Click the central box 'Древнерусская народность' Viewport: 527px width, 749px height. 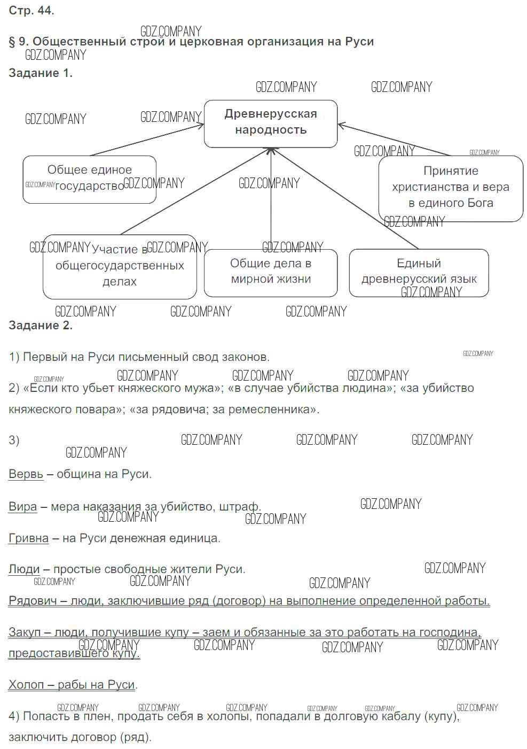pos(271,123)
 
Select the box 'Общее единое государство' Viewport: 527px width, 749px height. pos(89,179)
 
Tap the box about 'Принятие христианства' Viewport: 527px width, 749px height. pos(451,188)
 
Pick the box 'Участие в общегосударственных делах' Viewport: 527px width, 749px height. pos(120,266)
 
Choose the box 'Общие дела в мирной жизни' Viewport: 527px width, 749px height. pos(271,272)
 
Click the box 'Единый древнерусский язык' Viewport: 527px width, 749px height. pos(419,272)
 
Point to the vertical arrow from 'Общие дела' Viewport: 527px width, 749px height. pos(271,198)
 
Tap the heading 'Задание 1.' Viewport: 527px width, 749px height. pos(41,73)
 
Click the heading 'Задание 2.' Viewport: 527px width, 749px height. pos(41,325)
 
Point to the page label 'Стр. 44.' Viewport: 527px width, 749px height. pos(32,11)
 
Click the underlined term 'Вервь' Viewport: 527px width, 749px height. pos(26,474)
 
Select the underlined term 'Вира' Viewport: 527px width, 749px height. pos(23,506)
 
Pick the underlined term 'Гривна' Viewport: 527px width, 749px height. pos(28,538)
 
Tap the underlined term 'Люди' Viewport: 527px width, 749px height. pos(24,569)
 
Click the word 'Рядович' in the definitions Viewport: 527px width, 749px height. pos(33,601)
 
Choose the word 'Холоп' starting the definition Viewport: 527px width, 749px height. pos(26,684)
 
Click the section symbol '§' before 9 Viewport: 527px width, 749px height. pos(12,42)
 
